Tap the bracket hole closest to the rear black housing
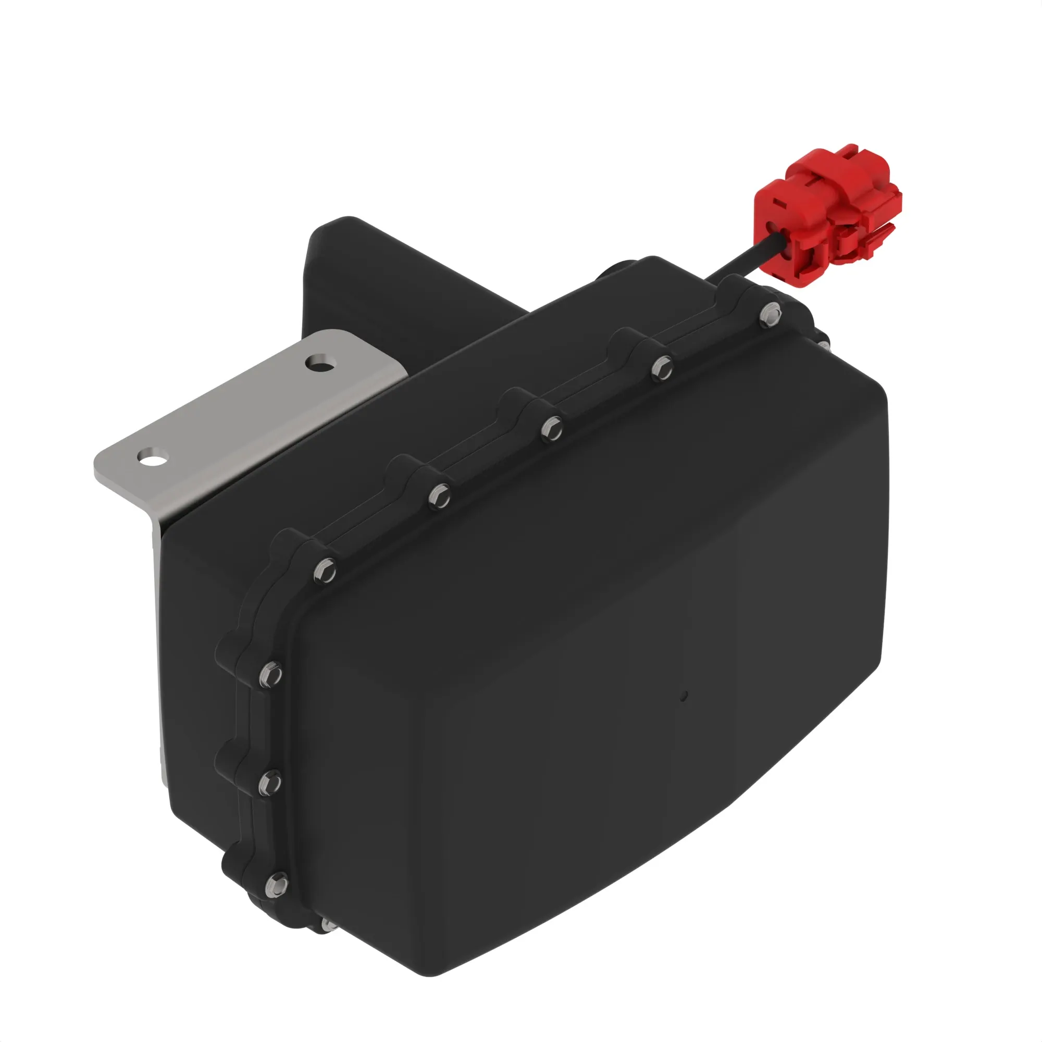tap(320, 364)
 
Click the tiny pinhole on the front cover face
tap(684, 696)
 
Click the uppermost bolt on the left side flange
tap(269, 675)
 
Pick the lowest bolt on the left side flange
tap(277, 885)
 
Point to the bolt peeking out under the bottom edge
tap(327, 924)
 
